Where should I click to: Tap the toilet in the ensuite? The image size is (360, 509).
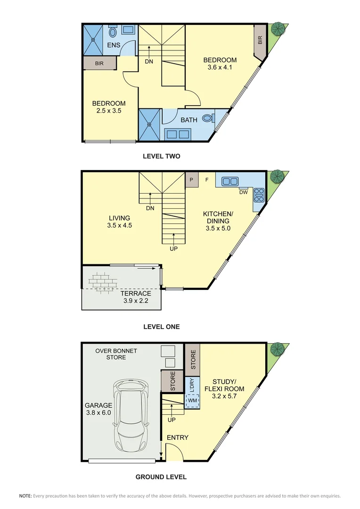113,32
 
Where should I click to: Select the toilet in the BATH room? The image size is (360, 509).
207,119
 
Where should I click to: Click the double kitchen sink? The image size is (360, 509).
229,181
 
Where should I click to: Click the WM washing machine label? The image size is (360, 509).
192,401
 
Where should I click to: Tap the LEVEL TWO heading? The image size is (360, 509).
161,156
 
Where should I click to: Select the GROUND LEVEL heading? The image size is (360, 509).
161,476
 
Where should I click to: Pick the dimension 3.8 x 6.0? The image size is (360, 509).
98,412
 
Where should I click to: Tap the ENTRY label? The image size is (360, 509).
177,437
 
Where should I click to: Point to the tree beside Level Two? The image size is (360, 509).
278,29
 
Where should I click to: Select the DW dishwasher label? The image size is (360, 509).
244,192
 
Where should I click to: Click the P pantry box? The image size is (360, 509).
192,180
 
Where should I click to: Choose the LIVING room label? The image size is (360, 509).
119,218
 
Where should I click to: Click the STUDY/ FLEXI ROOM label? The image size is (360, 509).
224,385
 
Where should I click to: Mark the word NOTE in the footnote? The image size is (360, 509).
25,496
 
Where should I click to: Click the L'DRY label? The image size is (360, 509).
192,384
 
